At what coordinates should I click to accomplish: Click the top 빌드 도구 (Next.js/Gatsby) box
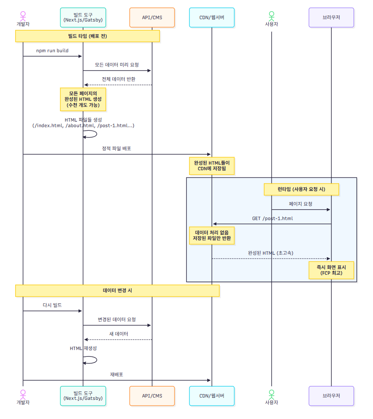point(83,18)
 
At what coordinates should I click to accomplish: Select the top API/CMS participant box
point(152,18)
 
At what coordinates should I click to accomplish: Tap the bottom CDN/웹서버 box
point(212,396)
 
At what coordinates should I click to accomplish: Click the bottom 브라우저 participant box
point(331,396)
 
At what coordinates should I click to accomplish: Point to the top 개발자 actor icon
point(23,16)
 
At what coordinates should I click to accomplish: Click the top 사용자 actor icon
point(271,16)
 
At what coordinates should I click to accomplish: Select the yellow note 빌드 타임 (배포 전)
point(88,36)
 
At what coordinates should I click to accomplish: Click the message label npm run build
point(52,51)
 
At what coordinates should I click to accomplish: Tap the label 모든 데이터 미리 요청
point(117,65)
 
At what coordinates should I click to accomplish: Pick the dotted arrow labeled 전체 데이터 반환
point(118,85)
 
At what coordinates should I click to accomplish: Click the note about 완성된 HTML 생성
point(83,99)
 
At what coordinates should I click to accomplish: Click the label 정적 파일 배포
point(116,148)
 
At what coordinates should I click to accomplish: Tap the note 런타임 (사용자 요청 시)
point(301,189)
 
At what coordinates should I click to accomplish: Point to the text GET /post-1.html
point(273,218)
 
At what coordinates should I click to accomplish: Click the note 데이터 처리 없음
point(212,236)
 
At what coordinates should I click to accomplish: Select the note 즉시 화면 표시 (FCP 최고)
point(331,270)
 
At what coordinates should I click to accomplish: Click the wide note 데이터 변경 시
point(117,291)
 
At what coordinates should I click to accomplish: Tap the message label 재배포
point(116,374)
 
